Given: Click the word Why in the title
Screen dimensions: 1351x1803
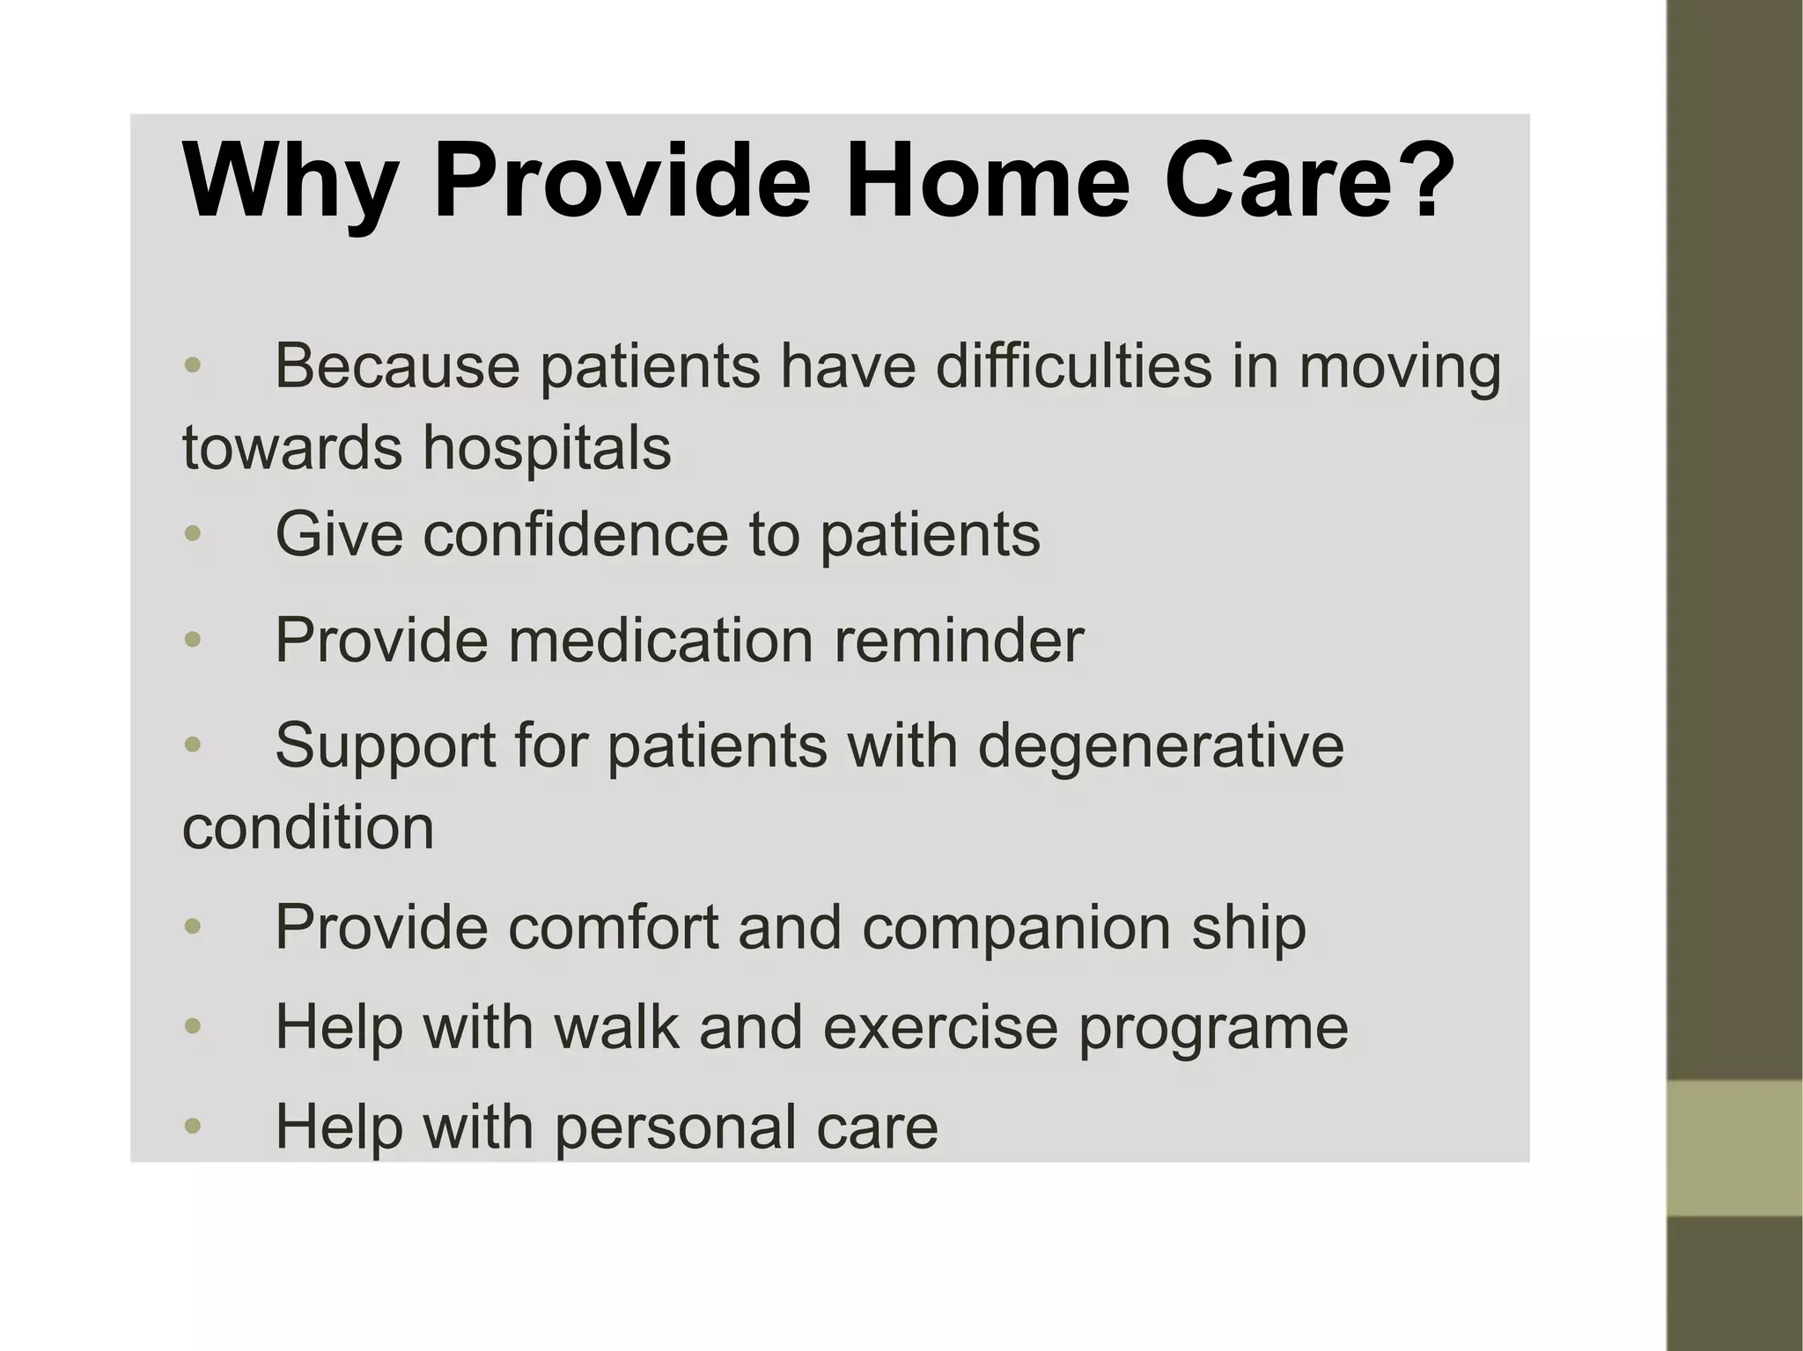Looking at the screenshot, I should pyautogui.click(x=288, y=183).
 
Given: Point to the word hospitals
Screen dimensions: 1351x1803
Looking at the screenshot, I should pyautogui.click(x=547, y=447).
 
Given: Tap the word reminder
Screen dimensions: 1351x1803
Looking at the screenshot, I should pyautogui.click(x=959, y=640).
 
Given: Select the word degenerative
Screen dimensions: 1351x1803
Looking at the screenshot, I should pyautogui.click(x=1160, y=746).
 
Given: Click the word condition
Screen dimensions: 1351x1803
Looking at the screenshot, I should pyautogui.click(x=308, y=827).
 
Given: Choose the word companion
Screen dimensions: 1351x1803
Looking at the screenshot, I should pyautogui.click(x=1016, y=928).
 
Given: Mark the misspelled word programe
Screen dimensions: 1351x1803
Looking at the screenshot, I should pyautogui.click(x=1213, y=1028).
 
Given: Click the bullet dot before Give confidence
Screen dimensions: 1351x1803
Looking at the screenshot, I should pyautogui.click(x=193, y=533).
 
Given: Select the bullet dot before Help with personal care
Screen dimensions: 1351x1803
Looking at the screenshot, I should pyautogui.click(x=193, y=1126).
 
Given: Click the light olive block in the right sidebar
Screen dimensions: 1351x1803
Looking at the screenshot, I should pyautogui.click(x=1734, y=1148).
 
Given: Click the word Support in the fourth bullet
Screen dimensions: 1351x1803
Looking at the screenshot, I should pyautogui.click(x=386, y=746).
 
